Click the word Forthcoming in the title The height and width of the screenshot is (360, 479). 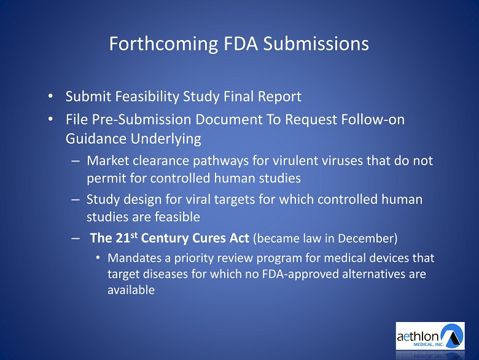pos(163,44)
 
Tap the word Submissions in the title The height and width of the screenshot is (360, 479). pos(316,44)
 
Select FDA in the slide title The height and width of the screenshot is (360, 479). pos(241,44)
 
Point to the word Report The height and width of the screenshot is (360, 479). pos(279,97)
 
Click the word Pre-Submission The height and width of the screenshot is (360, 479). pos(141,120)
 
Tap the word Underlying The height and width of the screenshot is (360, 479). pos(166,139)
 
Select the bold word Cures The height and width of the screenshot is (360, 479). pos(207,238)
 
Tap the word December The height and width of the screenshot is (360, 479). pos(365,238)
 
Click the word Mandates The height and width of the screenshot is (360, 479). pos(134,258)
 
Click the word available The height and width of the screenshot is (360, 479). pos(131,290)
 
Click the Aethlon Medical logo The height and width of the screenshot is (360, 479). pos(430,336)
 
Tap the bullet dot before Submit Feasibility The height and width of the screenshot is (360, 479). pos(50,96)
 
